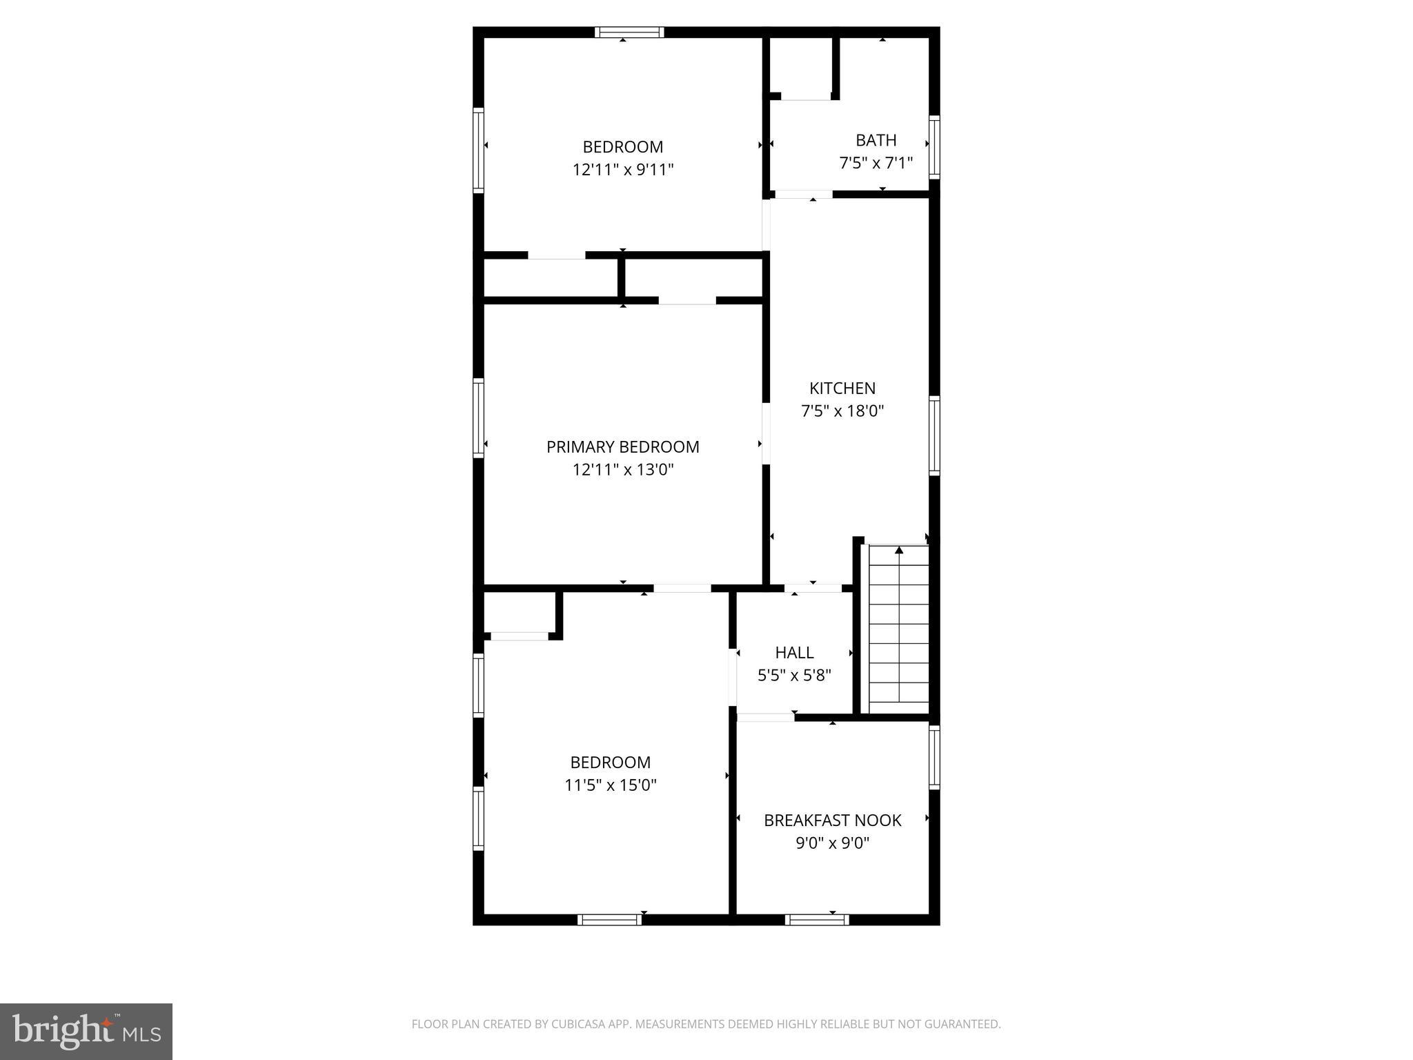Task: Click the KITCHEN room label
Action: click(x=842, y=389)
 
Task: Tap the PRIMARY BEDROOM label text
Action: click(x=622, y=447)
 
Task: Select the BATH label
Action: click(x=876, y=140)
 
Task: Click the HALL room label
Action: click(x=794, y=652)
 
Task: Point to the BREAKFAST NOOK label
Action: click(x=832, y=821)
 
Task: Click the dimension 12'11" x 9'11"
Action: click(x=622, y=170)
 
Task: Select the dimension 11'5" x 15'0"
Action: click(x=611, y=785)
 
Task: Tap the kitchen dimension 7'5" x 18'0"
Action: click(x=842, y=411)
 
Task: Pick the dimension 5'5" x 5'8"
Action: click(x=794, y=675)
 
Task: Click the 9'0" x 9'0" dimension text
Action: click(x=832, y=843)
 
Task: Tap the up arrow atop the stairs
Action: click(x=899, y=551)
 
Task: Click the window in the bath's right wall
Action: click(x=934, y=147)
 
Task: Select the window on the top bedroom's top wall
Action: click(x=629, y=32)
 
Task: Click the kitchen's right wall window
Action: click(x=934, y=435)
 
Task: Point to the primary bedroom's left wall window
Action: click(x=478, y=418)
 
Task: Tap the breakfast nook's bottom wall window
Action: click(x=817, y=919)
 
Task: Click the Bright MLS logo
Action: click(x=86, y=1032)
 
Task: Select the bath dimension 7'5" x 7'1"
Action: click(x=876, y=164)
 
